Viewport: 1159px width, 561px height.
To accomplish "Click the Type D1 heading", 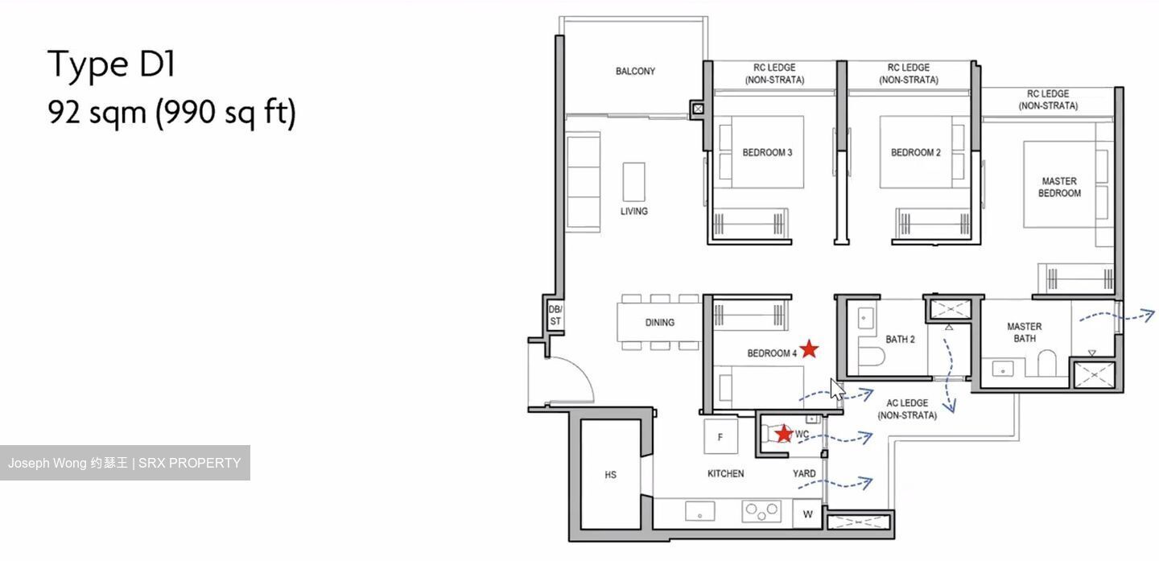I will pyautogui.click(x=111, y=64).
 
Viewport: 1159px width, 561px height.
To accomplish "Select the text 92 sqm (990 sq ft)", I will pyautogui.click(x=171, y=113).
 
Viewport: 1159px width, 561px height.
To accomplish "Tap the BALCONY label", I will pyautogui.click(x=635, y=72).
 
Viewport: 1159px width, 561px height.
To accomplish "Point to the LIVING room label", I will pyautogui.click(x=633, y=212).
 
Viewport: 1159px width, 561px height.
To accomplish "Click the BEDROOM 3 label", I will pyautogui.click(x=767, y=152).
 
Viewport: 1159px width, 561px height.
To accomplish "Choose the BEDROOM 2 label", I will pyautogui.click(x=915, y=152).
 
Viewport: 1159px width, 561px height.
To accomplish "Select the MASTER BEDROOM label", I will pyautogui.click(x=1059, y=188).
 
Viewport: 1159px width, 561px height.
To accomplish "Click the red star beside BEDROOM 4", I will pyautogui.click(x=809, y=349).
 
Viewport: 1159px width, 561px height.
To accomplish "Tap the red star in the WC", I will pyautogui.click(x=783, y=434).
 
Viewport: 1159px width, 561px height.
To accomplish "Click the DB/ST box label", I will pyautogui.click(x=555, y=315).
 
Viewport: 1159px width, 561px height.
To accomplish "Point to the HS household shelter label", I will pyautogui.click(x=610, y=475).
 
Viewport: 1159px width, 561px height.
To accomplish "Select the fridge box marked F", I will pyautogui.click(x=720, y=438).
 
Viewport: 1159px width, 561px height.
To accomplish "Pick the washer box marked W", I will pyautogui.click(x=807, y=514).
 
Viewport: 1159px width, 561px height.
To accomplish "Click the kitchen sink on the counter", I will pyautogui.click(x=700, y=510).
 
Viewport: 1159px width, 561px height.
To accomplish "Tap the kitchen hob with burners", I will pyautogui.click(x=761, y=510).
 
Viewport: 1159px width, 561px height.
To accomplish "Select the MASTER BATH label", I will pyautogui.click(x=1024, y=332).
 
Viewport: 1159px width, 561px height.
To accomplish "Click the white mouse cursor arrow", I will pyautogui.click(x=836, y=389).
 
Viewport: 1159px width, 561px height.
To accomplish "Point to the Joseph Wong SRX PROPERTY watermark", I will pyautogui.click(x=125, y=463).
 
